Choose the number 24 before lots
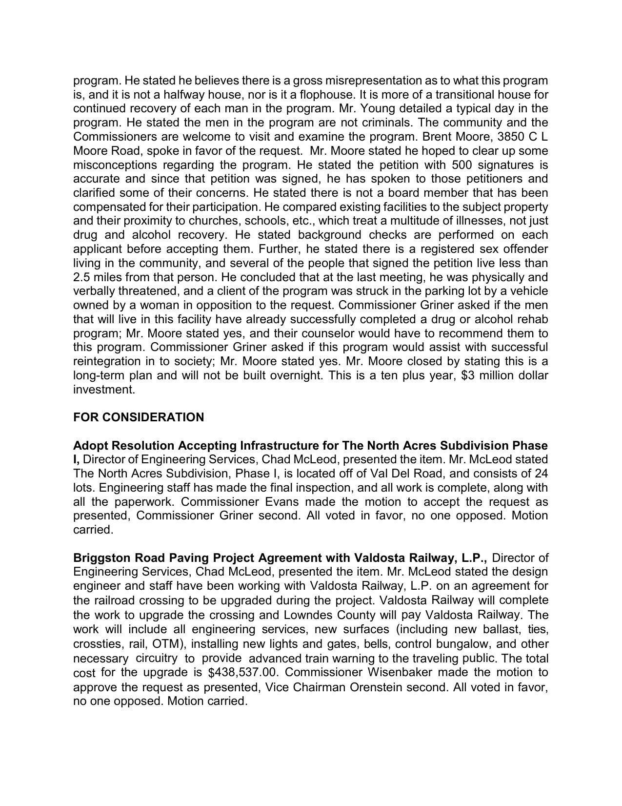click(541, 474)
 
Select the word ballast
click(504, 629)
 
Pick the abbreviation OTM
click(166, 644)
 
